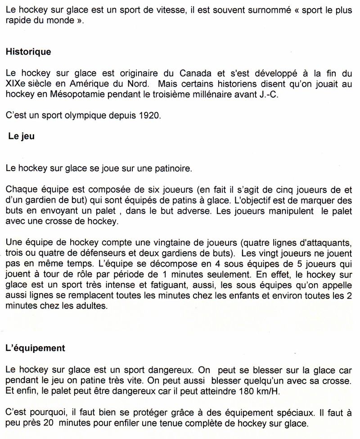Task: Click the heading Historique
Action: [28, 52]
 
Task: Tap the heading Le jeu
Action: [21, 137]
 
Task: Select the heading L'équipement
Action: [36, 348]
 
